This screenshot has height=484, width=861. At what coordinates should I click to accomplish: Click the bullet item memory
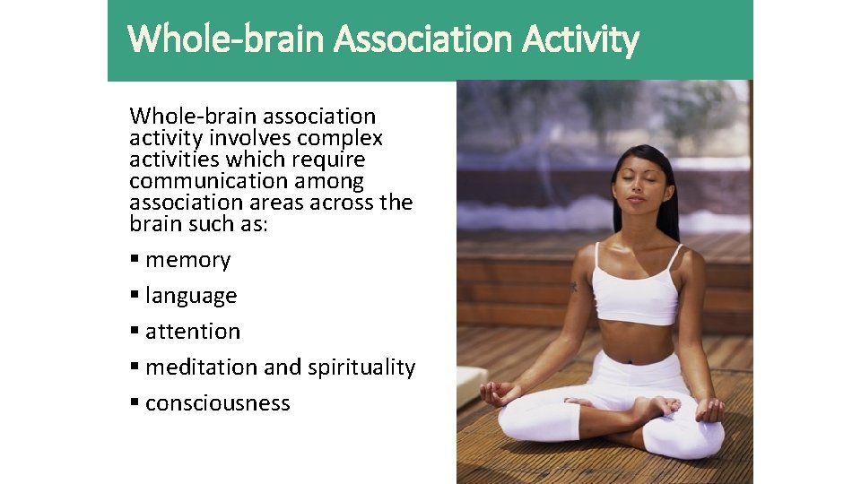(x=187, y=260)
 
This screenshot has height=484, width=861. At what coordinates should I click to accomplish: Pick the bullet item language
(x=191, y=296)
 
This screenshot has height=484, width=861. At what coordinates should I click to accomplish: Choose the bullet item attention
(x=193, y=332)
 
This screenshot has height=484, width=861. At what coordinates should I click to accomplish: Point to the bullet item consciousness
(x=217, y=403)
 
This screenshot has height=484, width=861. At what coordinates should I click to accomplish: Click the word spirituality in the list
(x=361, y=367)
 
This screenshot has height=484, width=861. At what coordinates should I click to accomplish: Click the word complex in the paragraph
(x=340, y=138)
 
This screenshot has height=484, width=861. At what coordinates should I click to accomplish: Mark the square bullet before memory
(x=135, y=260)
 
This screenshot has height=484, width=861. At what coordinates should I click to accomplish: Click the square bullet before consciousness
(x=135, y=403)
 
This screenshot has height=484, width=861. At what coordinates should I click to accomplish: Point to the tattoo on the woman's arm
(x=573, y=288)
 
